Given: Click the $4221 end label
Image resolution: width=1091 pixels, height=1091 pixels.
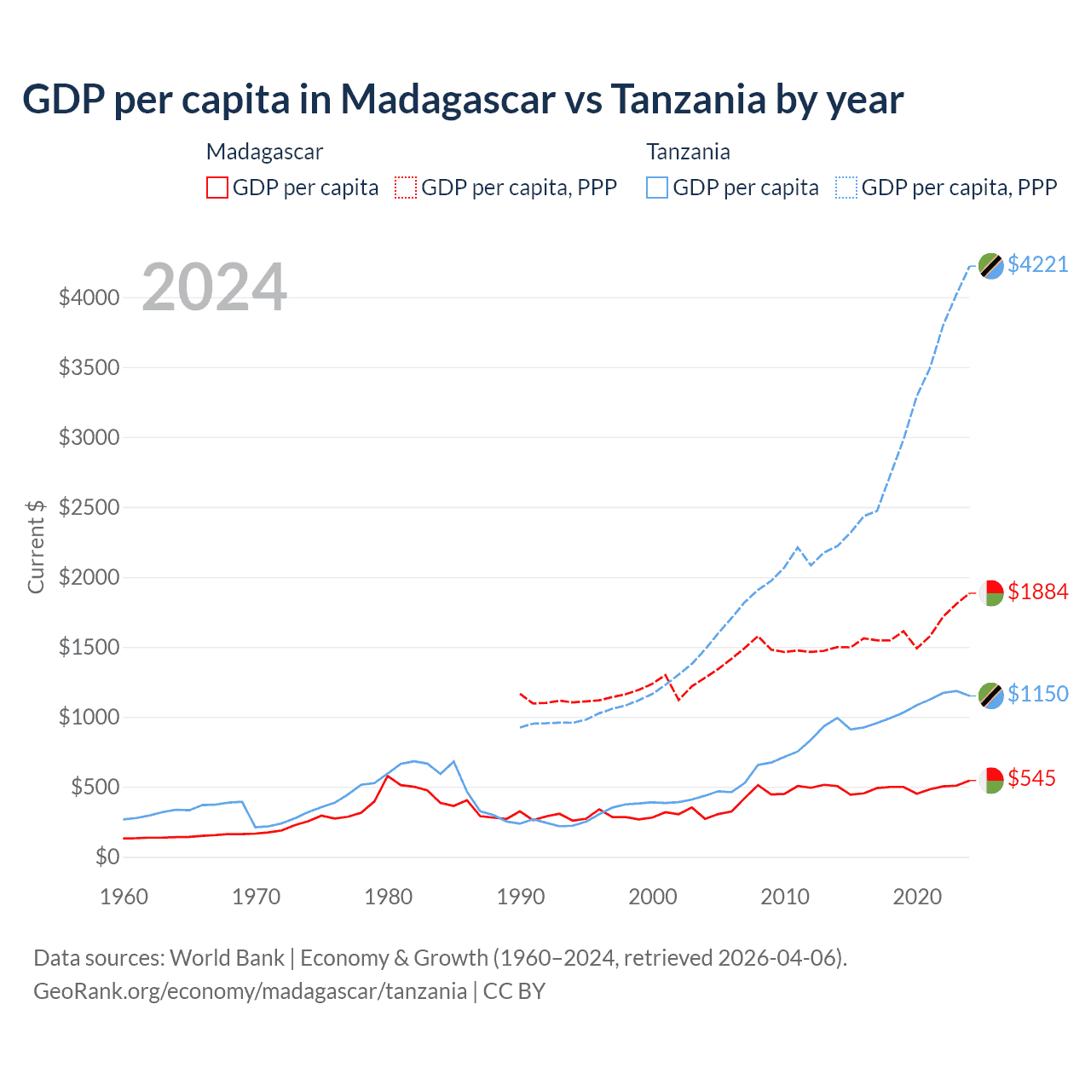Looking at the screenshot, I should [x=1037, y=264].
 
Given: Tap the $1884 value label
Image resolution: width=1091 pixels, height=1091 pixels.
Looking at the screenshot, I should [x=1037, y=592].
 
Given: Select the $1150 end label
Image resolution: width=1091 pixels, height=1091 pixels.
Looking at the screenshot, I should [x=1037, y=694].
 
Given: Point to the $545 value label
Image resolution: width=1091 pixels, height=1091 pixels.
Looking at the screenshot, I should [x=1031, y=778].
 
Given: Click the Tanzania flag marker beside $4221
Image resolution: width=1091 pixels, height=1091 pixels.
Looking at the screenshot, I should [x=990, y=266].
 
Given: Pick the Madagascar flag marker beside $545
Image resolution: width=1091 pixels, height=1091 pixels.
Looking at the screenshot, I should [x=990, y=780].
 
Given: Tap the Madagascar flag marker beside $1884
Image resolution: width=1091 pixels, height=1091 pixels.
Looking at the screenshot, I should [x=990, y=592].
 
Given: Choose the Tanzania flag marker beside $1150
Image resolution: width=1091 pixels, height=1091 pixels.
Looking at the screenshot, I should [x=990, y=696].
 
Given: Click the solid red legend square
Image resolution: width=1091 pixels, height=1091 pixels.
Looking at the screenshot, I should [x=217, y=188].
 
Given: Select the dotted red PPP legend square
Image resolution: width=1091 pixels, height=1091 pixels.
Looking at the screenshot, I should [x=406, y=188].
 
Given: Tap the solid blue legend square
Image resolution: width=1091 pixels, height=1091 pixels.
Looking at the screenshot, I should [x=657, y=188].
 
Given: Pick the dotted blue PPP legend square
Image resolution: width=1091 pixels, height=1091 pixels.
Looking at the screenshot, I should [x=846, y=188].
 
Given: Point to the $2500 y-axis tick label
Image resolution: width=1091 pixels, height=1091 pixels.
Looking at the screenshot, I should [x=89, y=508].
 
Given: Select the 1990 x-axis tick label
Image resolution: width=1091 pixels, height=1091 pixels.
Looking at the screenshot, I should [x=520, y=897].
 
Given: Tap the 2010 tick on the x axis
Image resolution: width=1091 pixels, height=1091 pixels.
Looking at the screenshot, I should [x=784, y=897].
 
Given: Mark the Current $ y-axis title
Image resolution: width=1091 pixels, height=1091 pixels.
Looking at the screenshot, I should [x=36, y=546].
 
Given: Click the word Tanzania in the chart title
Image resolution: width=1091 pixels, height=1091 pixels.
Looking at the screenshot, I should [x=689, y=100].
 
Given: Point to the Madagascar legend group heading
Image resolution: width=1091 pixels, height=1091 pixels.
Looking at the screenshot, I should [x=264, y=152].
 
